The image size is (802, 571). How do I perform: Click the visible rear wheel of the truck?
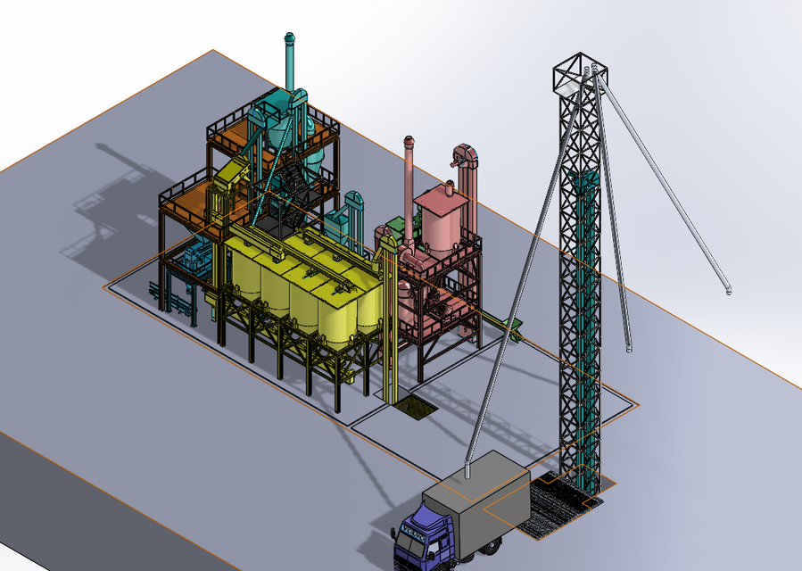465,558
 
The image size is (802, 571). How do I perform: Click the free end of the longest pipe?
729,291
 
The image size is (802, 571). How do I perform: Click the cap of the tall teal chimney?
289,37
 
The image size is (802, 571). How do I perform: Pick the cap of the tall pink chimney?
409,141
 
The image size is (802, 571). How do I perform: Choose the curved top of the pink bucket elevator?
465,154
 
